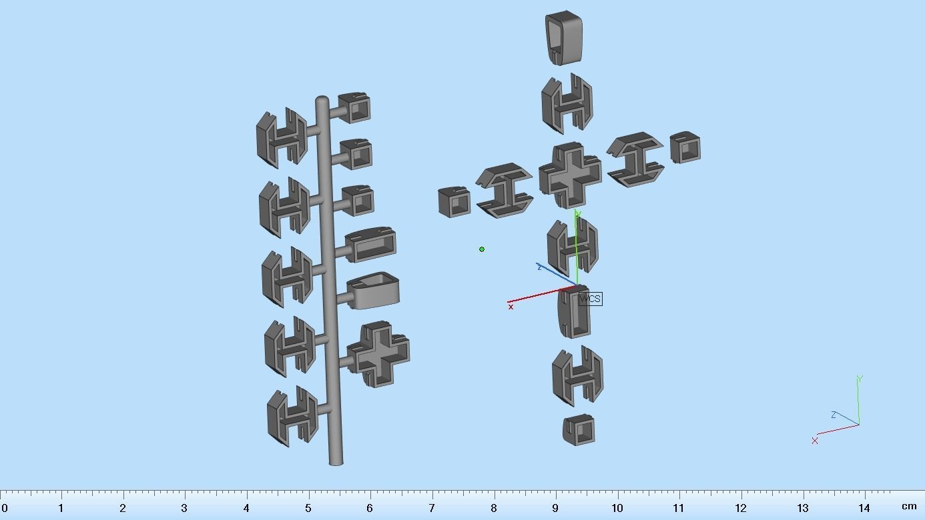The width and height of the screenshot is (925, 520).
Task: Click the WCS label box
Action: coord(590,299)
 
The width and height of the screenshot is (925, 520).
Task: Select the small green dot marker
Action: coord(482,249)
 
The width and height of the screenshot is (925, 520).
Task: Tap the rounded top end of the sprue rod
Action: coord(322,101)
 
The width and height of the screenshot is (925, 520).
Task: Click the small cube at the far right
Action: coord(685,147)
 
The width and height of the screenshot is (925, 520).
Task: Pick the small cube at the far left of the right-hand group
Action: coord(454,202)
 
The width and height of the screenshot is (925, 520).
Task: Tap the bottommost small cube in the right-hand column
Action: coord(579,430)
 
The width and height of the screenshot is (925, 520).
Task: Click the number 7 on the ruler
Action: coord(432,508)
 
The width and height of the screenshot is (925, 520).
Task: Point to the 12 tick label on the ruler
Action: coord(741,508)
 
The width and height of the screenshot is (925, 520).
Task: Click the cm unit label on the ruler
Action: coord(909,507)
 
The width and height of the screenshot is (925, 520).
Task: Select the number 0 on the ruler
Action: coord(5,508)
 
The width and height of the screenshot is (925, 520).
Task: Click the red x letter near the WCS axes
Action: coord(511,307)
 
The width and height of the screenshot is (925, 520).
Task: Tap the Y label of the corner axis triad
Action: coord(860,379)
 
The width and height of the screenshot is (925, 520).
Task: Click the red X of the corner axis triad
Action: coord(815,441)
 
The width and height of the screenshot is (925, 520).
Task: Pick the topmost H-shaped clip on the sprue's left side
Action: coord(282,137)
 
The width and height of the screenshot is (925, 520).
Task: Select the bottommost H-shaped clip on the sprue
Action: coord(292,415)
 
